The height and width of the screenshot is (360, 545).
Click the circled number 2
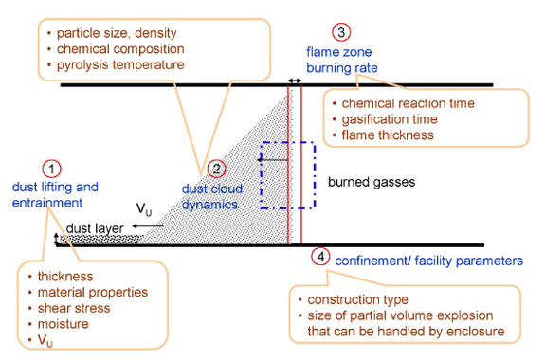[217, 170]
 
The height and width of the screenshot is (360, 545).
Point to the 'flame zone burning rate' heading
[342, 59]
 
